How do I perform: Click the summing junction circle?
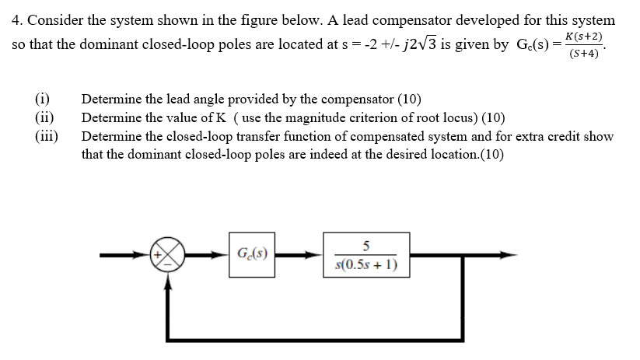pyautogui.click(x=167, y=253)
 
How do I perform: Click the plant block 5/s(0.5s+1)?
pyautogui.click(x=365, y=254)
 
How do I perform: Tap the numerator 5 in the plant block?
pyautogui.click(x=365, y=244)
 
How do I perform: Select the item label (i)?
pyautogui.click(x=42, y=99)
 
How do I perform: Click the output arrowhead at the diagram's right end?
pyautogui.click(x=508, y=253)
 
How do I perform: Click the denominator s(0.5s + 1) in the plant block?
pyautogui.click(x=365, y=264)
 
